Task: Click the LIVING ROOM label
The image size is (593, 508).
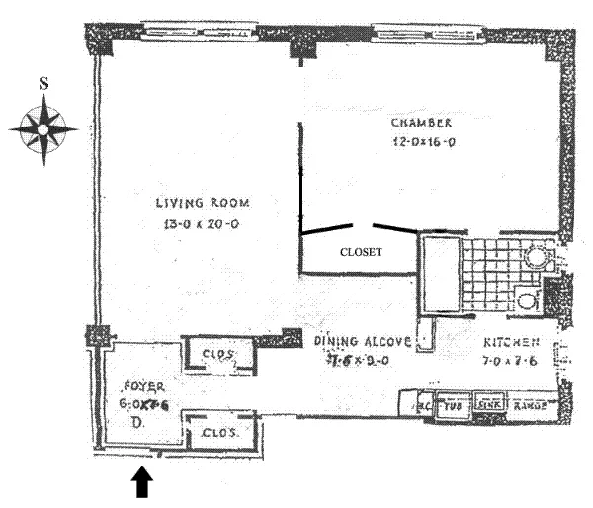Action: (203, 203)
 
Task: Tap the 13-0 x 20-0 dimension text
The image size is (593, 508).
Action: (203, 224)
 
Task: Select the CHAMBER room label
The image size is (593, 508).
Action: (422, 123)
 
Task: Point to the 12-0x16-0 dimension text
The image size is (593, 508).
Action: (422, 142)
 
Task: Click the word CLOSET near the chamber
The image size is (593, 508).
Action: (361, 252)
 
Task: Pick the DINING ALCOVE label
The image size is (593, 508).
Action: (363, 341)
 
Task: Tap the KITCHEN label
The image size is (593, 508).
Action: (511, 342)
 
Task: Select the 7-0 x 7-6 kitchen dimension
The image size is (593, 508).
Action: (511, 361)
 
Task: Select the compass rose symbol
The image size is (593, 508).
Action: (43, 127)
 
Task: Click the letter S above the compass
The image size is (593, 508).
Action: (42, 84)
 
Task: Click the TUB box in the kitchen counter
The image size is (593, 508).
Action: (455, 404)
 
